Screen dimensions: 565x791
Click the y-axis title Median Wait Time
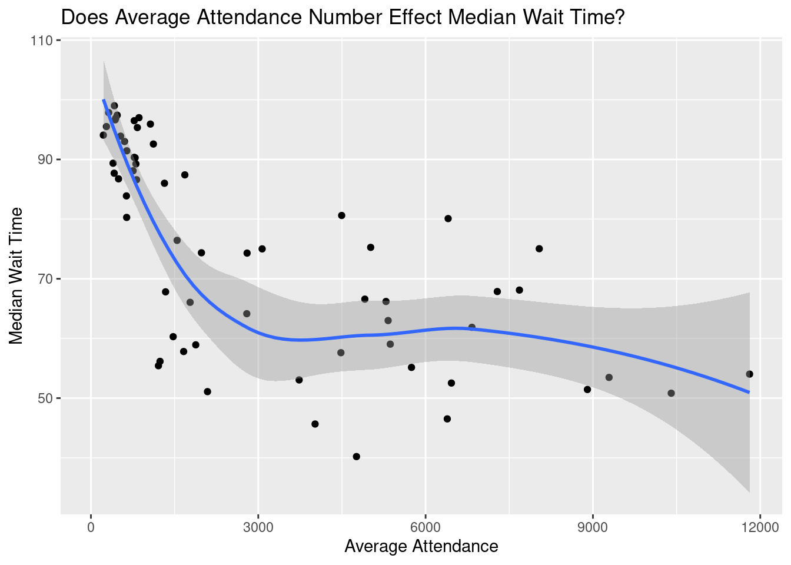[16, 275]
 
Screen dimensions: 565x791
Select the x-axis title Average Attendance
[421, 546]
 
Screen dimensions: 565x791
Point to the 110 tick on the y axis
[44, 41]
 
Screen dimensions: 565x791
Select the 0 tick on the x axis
[91, 526]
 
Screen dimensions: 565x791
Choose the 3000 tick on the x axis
[258, 526]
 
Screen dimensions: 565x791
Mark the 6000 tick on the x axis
[426, 526]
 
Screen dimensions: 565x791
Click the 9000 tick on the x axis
[593, 526]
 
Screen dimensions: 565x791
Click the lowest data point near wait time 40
[356, 457]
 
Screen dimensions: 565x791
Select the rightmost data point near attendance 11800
[749, 374]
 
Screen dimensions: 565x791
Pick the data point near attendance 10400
[671, 393]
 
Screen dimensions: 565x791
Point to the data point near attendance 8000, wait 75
[539, 249]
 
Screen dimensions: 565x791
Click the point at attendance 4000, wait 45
[315, 424]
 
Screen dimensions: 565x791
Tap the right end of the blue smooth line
[749, 392]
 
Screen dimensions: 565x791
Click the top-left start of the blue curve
[104, 100]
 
